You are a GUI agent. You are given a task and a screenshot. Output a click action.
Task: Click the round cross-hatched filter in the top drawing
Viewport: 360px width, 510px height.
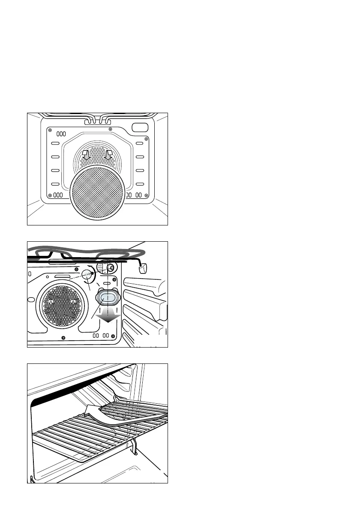[97, 193]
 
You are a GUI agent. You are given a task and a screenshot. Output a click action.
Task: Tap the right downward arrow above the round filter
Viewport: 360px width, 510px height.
[108, 155]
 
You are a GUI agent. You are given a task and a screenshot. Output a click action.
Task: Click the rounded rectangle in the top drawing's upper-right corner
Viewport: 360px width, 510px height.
[139, 128]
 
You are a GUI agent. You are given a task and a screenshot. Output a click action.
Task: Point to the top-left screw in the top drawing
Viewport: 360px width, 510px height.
[50, 130]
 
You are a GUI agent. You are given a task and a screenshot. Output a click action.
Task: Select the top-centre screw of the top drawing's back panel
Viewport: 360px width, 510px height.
[111, 129]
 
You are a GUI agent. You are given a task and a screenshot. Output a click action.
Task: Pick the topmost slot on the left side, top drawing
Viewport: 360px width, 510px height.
[55, 144]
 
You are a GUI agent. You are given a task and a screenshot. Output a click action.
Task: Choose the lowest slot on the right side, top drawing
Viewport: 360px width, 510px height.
[140, 184]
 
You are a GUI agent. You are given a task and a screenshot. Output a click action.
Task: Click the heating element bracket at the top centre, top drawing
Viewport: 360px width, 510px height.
[97, 121]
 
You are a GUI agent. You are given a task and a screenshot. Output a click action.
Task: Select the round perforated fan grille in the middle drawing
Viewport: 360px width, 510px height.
[60, 303]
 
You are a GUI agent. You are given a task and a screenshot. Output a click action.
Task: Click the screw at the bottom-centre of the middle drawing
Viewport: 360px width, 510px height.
[63, 338]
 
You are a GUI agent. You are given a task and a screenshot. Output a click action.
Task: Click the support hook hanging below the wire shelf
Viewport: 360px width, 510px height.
[135, 447]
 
